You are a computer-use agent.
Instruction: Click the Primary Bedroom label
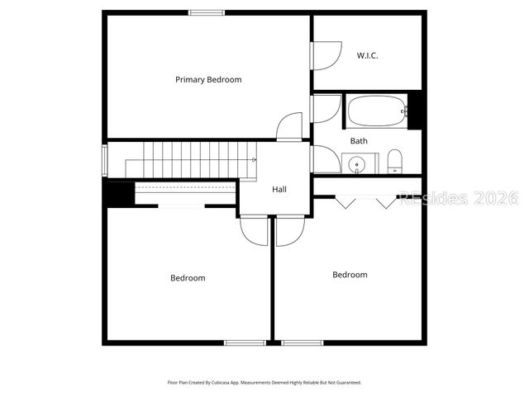208,80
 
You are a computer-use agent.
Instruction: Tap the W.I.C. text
368,55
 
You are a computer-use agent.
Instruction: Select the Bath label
359,141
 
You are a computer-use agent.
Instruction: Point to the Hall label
279,190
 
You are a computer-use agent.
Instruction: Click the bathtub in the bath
377,111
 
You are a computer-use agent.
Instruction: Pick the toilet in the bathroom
394,161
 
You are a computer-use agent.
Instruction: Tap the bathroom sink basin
358,165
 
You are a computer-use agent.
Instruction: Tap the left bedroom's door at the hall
255,230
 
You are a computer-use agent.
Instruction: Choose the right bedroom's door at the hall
290,230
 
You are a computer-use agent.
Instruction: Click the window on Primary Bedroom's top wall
206,12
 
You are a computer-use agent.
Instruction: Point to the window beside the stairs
105,160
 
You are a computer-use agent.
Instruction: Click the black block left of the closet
118,194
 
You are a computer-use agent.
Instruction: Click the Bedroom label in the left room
188,278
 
